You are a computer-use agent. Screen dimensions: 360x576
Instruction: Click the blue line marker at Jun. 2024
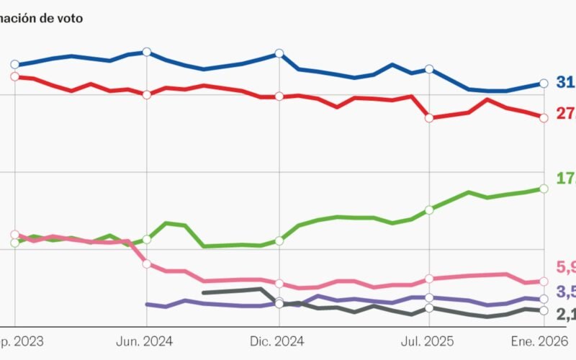pyautogui.click(x=147, y=52)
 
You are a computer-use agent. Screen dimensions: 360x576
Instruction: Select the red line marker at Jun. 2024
pyautogui.click(x=147, y=94)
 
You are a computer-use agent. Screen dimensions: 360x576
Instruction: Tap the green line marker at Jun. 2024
pyautogui.click(x=147, y=239)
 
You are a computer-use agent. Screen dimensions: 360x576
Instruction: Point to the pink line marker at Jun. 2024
pyautogui.click(x=147, y=264)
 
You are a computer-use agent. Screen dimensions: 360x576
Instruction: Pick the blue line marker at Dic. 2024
pyautogui.click(x=279, y=53)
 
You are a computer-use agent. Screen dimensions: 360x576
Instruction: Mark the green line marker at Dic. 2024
pyautogui.click(x=279, y=240)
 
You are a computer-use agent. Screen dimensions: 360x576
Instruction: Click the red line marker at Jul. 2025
pyautogui.click(x=429, y=118)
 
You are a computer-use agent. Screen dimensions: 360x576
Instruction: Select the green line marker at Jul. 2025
pyautogui.click(x=429, y=210)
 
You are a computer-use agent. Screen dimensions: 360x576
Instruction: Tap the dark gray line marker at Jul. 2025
pyautogui.click(x=429, y=308)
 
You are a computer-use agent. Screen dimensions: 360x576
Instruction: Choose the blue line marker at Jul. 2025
pyautogui.click(x=429, y=69)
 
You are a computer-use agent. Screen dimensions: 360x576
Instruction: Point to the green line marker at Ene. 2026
pyautogui.click(x=544, y=189)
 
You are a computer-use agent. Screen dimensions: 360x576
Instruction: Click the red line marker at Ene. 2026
pyautogui.click(x=544, y=117)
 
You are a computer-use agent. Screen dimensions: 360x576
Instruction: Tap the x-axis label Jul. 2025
pyautogui.click(x=429, y=340)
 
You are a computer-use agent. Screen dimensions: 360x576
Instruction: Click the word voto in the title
pyautogui.click(x=68, y=18)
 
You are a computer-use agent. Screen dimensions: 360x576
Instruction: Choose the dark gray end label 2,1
pyautogui.click(x=565, y=313)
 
